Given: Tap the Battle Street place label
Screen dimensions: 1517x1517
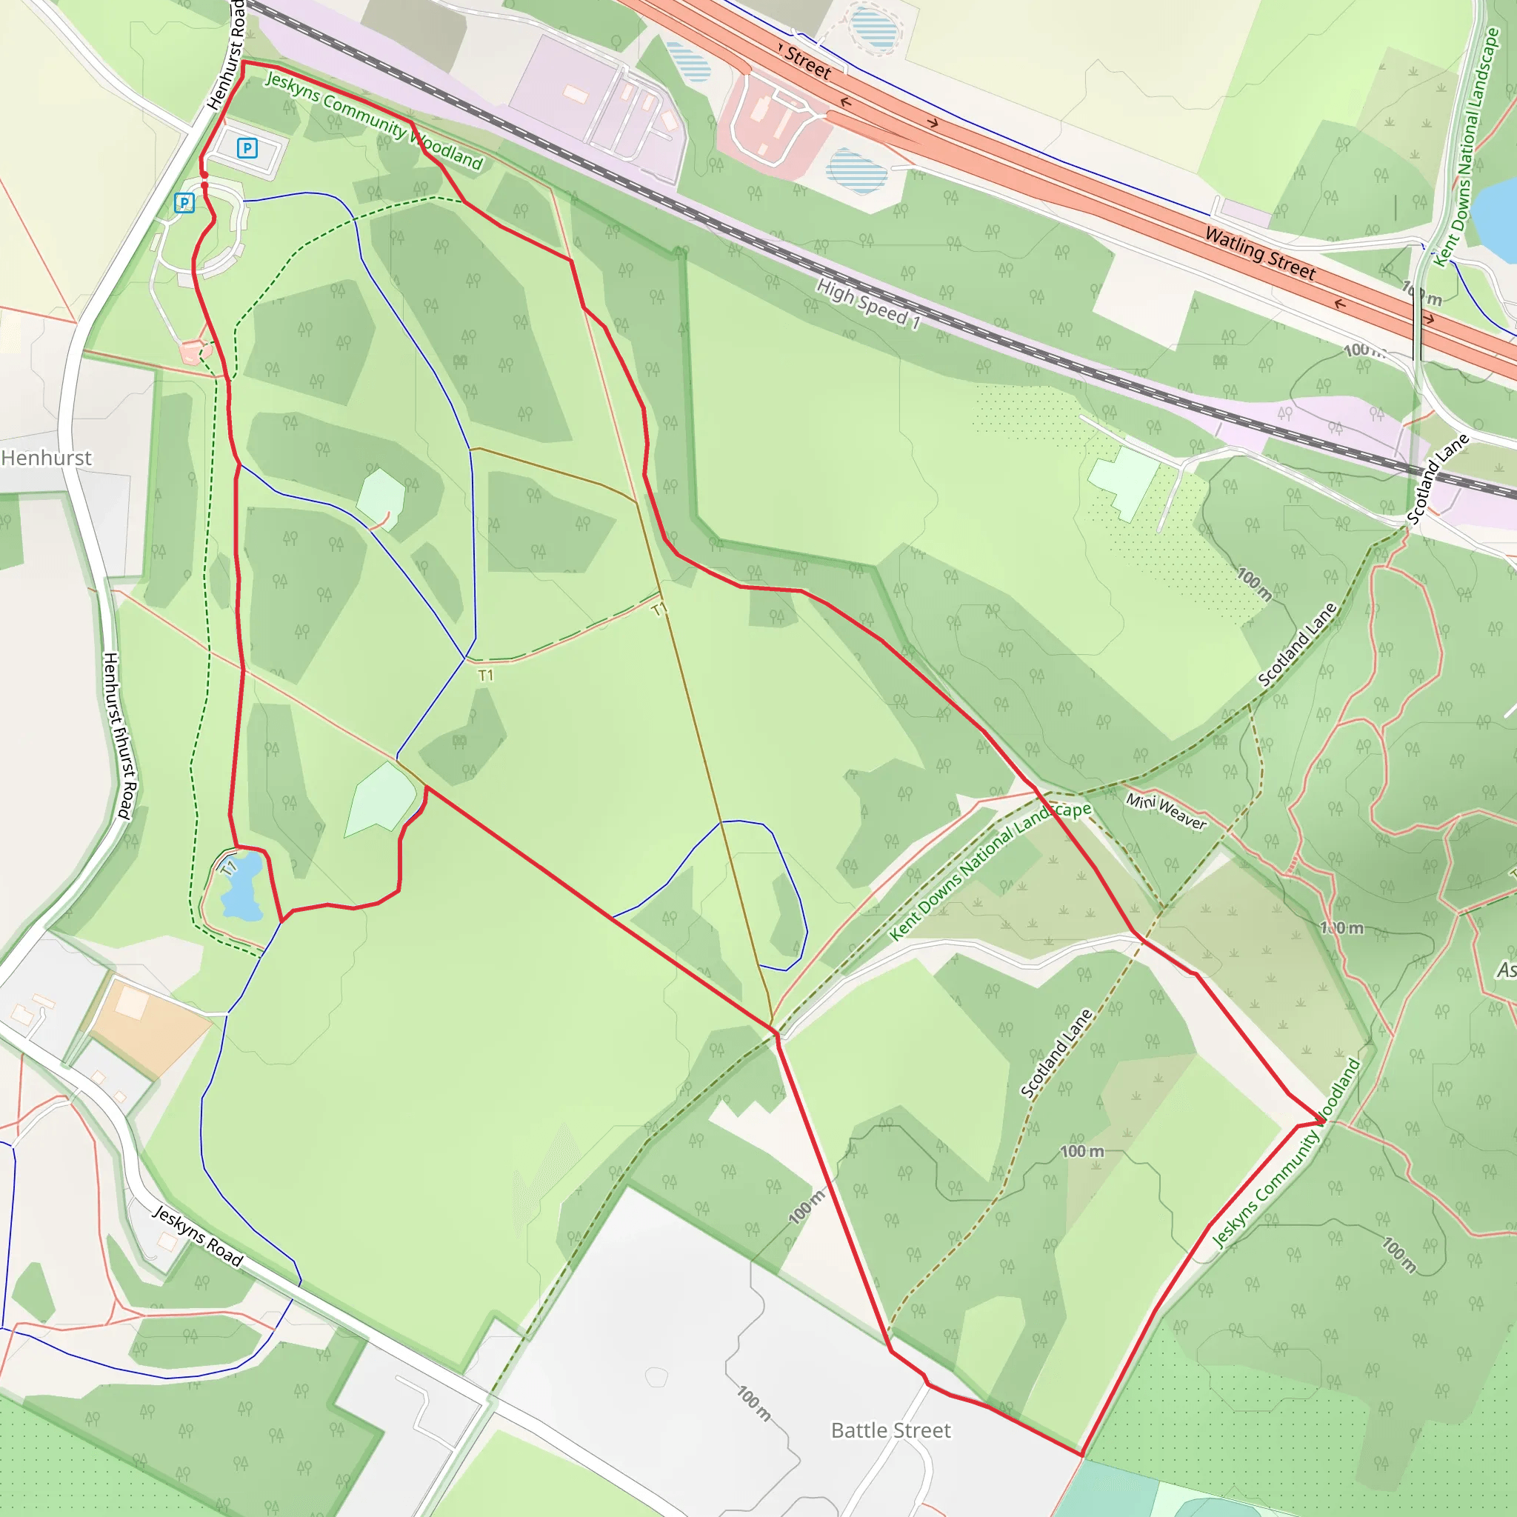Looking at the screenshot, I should [x=890, y=1430].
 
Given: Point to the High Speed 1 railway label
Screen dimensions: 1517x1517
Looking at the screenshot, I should [x=867, y=304].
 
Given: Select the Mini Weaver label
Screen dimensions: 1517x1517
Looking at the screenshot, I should [x=1165, y=811].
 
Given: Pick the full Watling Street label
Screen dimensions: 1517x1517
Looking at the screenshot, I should [x=1259, y=253].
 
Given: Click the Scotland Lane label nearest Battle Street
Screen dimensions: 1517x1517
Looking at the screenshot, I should [x=1056, y=1053].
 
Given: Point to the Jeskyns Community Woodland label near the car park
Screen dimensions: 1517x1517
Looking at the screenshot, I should [x=373, y=120].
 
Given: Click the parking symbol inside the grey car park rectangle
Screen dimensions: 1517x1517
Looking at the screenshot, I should [x=247, y=147].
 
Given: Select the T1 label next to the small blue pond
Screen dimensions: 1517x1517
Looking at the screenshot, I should [x=228, y=867].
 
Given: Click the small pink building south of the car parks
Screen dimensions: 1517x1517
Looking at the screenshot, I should [x=191, y=352].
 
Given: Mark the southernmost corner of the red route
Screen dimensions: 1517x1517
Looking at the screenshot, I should [x=1082, y=1455].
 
